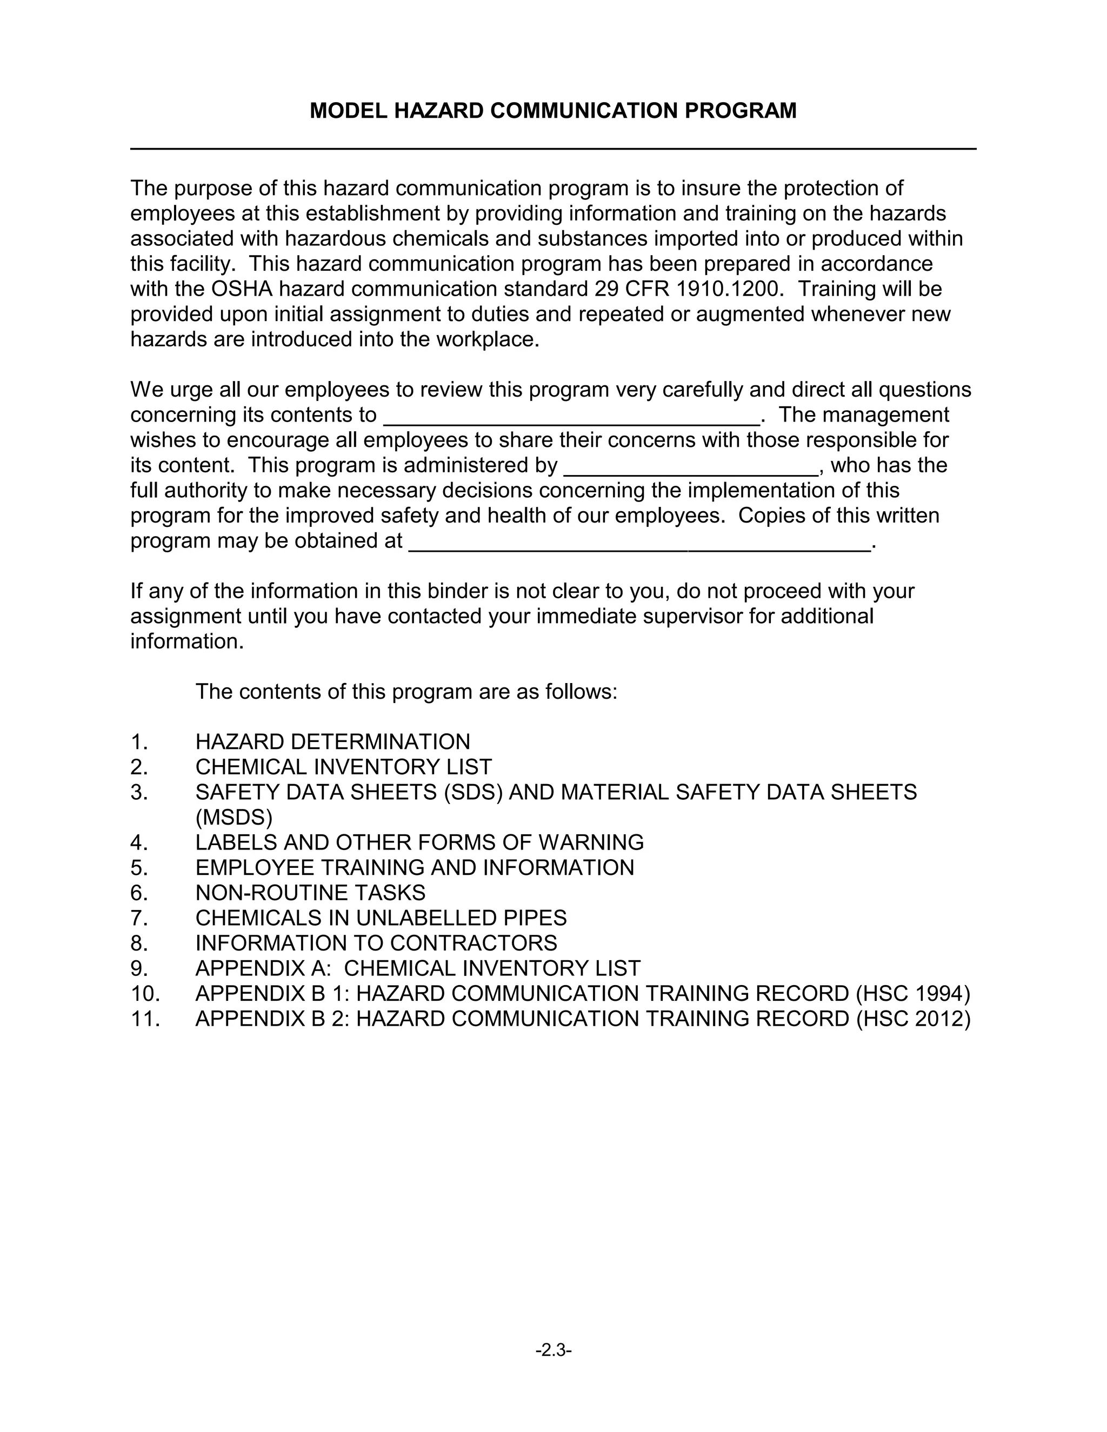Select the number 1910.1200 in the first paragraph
click(729, 289)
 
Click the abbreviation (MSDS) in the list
click(234, 818)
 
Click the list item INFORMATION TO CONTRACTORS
click(376, 943)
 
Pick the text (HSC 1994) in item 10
click(913, 993)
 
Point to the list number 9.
click(139, 968)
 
